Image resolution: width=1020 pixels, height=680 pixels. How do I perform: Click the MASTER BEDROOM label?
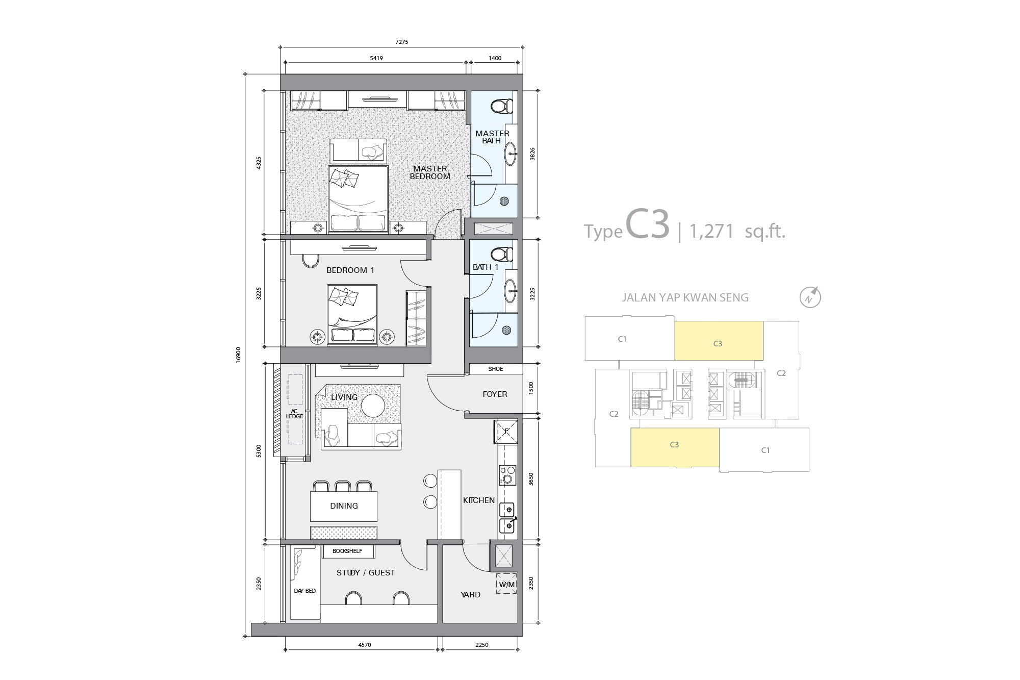click(x=430, y=172)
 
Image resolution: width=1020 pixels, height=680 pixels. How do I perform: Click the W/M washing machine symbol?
click(x=506, y=584)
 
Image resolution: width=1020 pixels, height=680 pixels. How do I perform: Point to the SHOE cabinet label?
click(x=495, y=369)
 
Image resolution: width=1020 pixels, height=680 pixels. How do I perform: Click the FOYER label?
click(x=495, y=394)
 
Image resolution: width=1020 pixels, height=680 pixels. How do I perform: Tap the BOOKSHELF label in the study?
click(x=347, y=551)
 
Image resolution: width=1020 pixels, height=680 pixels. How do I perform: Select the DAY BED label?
click(x=304, y=591)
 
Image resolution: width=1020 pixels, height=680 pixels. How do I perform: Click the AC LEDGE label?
click(x=294, y=414)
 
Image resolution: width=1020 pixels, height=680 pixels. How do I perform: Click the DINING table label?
click(x=344, y=506)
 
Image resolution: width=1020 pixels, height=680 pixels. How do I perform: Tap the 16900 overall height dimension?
click(x=238, y=355)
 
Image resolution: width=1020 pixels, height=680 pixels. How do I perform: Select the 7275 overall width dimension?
click(x=402, y=42)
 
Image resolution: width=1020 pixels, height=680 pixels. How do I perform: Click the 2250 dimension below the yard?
click(x=481, y=645)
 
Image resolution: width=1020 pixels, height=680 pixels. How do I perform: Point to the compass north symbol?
click(x=810, y=297)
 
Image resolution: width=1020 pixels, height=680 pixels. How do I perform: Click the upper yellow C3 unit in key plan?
click(x=719, y=341)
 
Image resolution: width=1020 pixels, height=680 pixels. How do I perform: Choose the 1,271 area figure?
click(x=711, y=232)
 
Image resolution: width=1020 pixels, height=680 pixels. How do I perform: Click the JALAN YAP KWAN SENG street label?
click(x=685, y=298)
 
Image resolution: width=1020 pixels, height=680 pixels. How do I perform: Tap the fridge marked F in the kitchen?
click(x=506, y=431)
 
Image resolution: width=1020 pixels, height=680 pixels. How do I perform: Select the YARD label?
click(x=470, y=595)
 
